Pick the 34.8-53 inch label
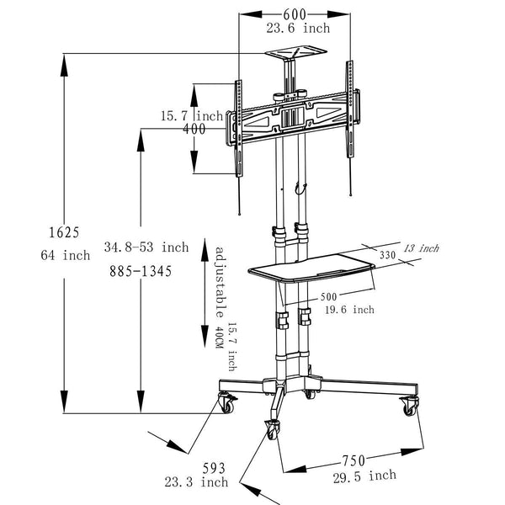coord(146,247)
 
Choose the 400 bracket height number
coord(194,129)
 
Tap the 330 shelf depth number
coord(387,255)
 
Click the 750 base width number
coord(353,460)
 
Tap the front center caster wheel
coord(273,428)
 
